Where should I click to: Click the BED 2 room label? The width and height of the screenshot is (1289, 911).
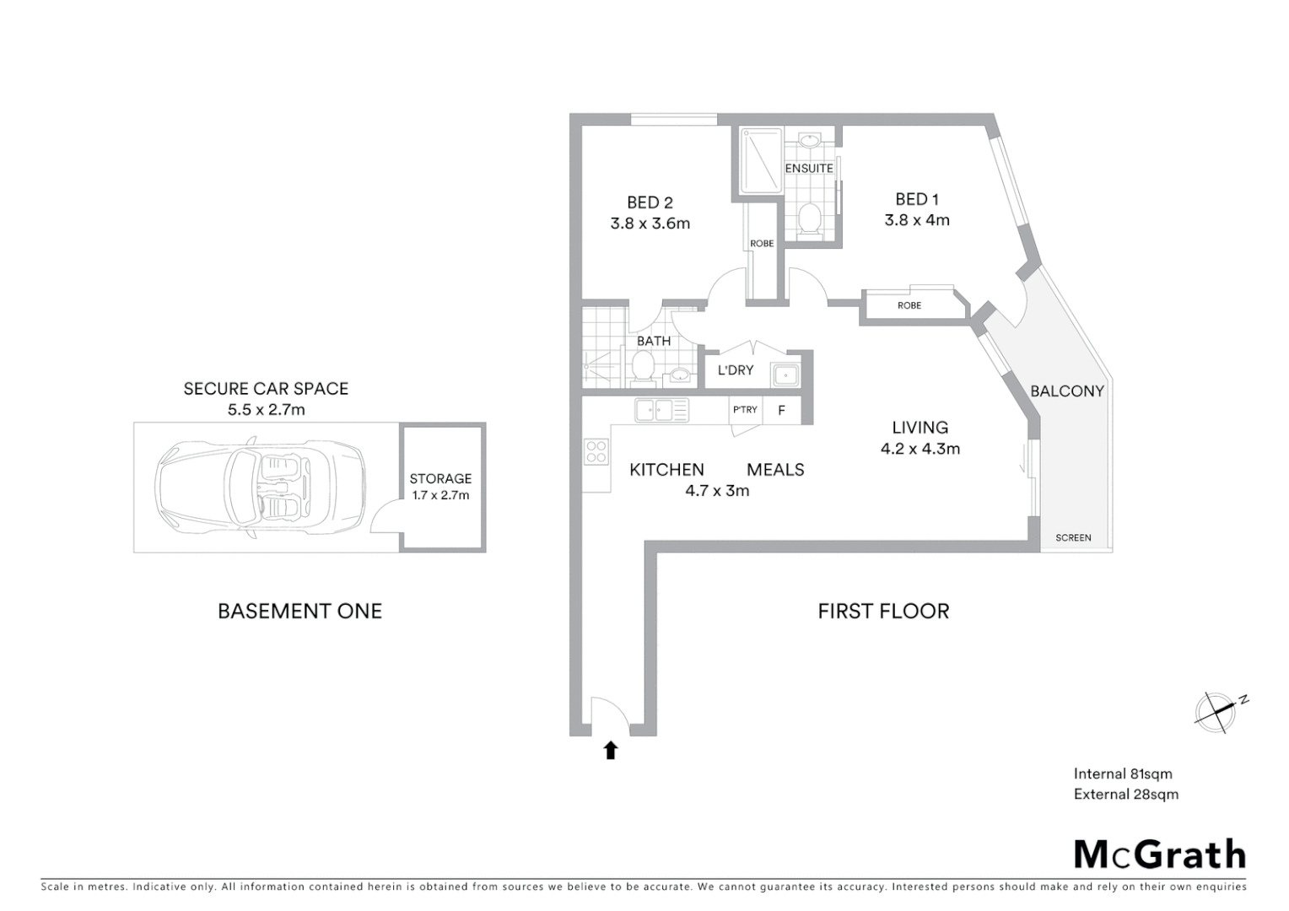650,202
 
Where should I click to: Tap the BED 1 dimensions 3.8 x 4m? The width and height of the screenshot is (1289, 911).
917,220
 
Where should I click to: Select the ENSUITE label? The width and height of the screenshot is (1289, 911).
809,168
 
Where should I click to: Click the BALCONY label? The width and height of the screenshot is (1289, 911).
1066,391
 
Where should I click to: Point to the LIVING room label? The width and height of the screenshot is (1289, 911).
920,428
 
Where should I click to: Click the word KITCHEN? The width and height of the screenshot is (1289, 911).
666,470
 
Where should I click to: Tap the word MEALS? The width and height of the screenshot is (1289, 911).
775,470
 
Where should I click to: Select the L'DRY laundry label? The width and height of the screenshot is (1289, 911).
735,370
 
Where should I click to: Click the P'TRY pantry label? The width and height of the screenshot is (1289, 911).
745,410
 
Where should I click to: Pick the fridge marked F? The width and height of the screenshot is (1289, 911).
782,411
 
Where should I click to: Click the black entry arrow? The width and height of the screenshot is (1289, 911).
610,750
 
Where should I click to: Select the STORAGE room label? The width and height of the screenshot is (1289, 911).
440,478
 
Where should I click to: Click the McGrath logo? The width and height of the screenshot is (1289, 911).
1159,854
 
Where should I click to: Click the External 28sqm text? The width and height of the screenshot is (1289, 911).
1125,794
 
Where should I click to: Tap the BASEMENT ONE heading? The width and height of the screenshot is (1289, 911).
299,611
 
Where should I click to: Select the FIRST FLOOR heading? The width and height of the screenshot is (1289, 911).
883,611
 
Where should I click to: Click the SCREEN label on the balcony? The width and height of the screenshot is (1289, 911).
1073,537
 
